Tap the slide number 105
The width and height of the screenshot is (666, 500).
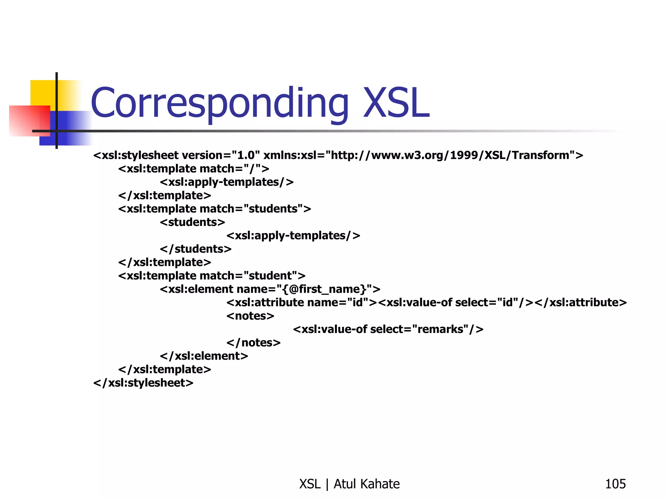(615, 484)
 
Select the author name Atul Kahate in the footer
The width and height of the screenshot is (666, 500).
(366, 484)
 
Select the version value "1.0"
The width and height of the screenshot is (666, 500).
(246, 155)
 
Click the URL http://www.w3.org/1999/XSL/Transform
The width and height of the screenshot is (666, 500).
(450, 155)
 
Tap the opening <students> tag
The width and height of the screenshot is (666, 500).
(193, 222)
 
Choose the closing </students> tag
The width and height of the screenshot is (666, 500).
(195, 249)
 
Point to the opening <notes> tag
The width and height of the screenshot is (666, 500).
(250, 316)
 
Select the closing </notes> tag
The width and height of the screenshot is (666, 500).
(253, 343)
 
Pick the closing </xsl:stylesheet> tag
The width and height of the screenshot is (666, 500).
(143, 383)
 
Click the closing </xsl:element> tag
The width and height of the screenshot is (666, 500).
(204, 356)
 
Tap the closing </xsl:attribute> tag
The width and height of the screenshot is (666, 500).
(580, 302)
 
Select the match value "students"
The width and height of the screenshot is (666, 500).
(273, 209)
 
